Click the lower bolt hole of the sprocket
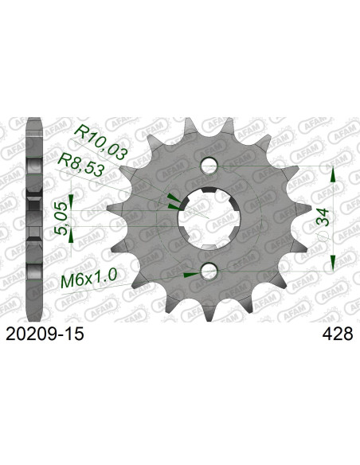point(209,272)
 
